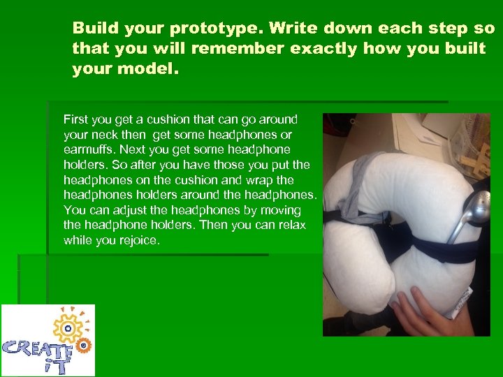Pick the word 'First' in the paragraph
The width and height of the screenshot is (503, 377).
click(75, 119)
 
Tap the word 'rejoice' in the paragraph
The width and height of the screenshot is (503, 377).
click(141, 240)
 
